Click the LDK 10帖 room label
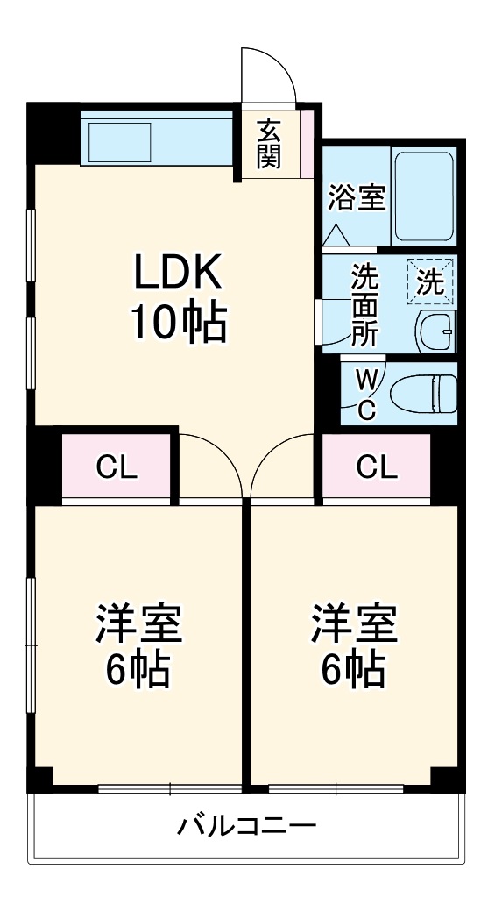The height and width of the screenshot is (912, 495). point(179,299)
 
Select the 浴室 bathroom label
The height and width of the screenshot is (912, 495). point(357,198)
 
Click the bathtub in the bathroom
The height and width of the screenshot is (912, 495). point(423,196)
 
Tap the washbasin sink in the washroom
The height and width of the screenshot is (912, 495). point(435,331)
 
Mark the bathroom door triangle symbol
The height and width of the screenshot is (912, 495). point(336,235)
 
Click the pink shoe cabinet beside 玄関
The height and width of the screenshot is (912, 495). point(306,142)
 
